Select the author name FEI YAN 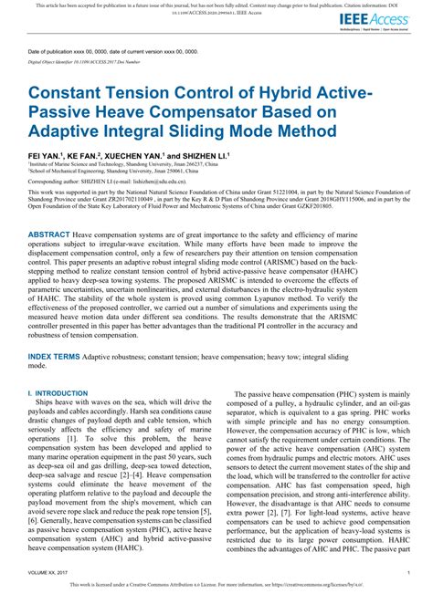(x=43, y=157)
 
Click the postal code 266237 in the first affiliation (x=191, y=163)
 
